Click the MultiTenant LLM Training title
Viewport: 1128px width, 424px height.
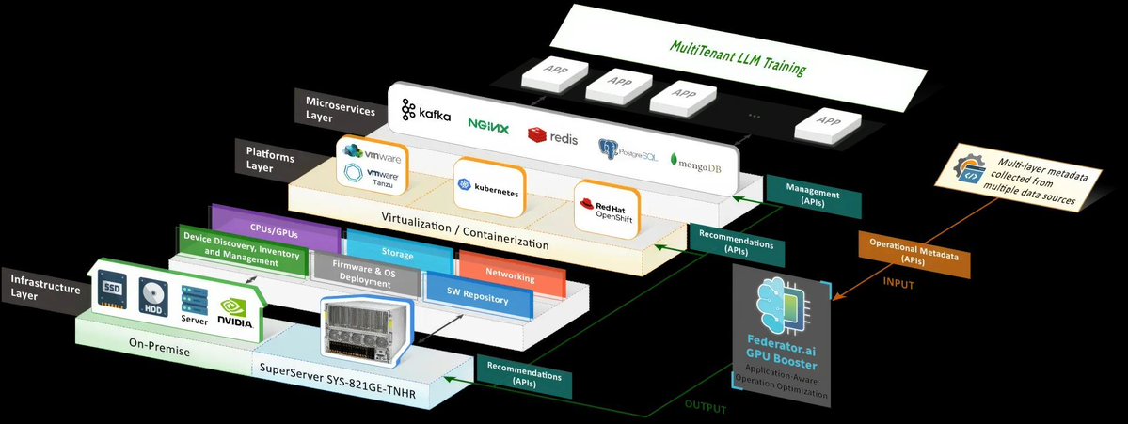coord(739,57)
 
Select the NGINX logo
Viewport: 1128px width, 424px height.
coord(488,125)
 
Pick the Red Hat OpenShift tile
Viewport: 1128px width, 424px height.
coord(607,209)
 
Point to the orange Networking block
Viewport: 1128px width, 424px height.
coord(511,274)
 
